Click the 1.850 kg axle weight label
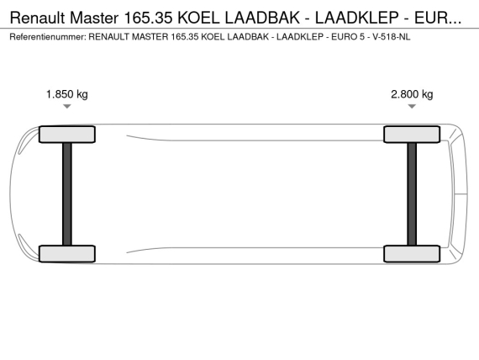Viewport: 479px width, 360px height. pyautogui.click(x=67, y=94)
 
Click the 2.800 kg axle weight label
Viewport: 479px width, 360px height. pyautogui.click(x=412, y=94)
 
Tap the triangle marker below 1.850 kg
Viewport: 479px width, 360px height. pyautogui.click(x=67, y=106)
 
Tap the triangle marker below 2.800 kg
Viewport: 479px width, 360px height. pyautogui.click(x=412, y=106)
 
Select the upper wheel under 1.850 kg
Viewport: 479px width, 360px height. pyautogui.click(x=67, y=135)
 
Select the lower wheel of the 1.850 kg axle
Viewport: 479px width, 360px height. pyautogui.click(x=67, y=253)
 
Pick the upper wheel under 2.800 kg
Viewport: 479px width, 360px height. pyautogui.click(x=412, y=135)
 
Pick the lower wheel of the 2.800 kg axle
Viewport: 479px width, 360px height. pyautogui.click(x=412, y=253)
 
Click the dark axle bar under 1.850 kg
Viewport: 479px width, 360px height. pyautogui.click(x=67, y=194)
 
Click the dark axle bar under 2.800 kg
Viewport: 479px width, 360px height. pyautogui.click(x=412, y=194)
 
